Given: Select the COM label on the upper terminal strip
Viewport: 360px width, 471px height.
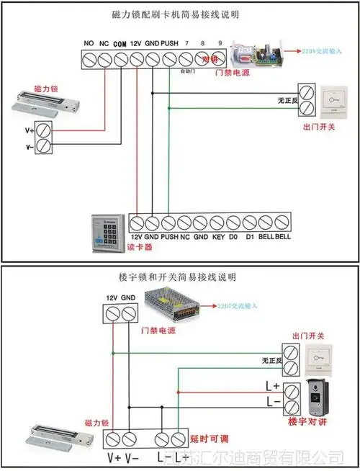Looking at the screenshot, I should [x=120, y=43].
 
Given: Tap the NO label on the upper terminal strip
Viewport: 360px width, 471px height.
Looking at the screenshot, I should [x=89, y=43].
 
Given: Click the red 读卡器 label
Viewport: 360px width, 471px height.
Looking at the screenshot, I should [x=140, y=246].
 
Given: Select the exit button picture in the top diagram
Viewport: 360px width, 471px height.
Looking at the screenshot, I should [x=336, y=100].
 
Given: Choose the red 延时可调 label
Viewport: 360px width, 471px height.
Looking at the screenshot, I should [x=209, y=439].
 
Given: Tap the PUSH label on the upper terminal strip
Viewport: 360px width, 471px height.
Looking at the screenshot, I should [x=169, y=43].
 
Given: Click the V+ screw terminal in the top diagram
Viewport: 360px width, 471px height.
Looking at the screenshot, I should [x=44, y=130].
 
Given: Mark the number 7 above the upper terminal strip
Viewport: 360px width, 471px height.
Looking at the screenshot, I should [x=186, y=43].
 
